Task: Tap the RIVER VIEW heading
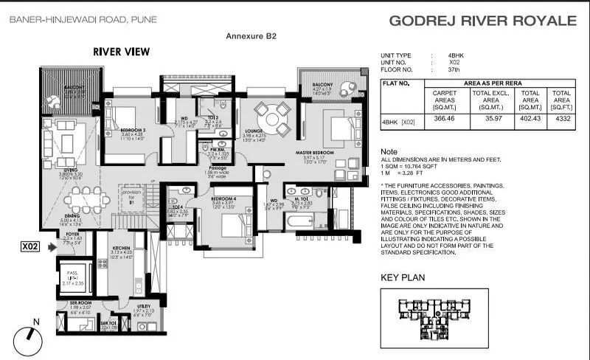point(122,52)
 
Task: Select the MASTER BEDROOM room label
point(316,153)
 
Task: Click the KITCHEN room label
point(121,248)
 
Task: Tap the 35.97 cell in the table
point(489,120)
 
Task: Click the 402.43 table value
point(530,120)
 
